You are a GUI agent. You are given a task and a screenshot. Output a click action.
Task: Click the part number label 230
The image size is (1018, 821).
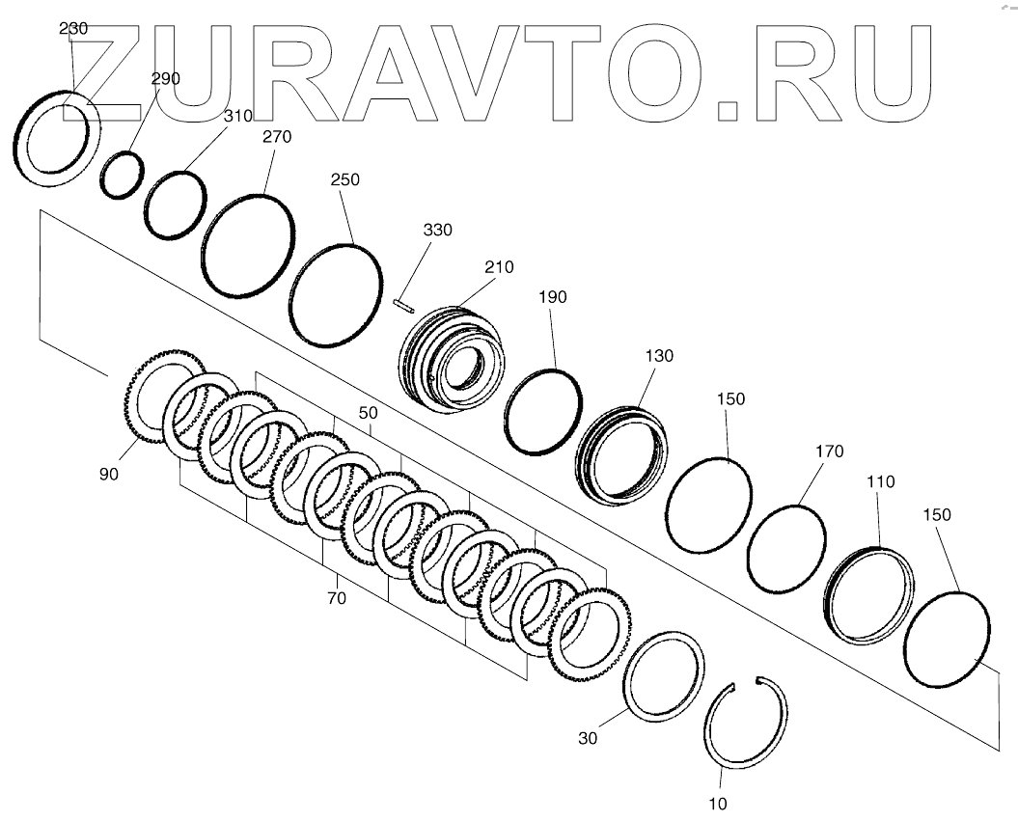(x=73, y=29)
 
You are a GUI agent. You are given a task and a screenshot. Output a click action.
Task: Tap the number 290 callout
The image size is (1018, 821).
(x=165, y=78)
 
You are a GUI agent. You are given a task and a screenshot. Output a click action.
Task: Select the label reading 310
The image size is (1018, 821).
(x=237, y=116)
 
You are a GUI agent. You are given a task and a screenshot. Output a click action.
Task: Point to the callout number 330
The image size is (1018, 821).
(x=436, y=231)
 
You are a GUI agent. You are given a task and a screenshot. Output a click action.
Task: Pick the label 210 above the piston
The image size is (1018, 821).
(x=499, y=267)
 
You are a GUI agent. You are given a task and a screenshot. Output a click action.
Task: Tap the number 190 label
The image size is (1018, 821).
(x=553, y=298)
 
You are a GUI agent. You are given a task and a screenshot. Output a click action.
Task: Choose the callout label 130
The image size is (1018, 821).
(x=659, y=356)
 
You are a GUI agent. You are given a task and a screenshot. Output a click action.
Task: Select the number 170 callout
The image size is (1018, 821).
(x=828, y=451)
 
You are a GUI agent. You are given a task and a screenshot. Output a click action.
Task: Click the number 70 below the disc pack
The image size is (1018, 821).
(x=335, y=598)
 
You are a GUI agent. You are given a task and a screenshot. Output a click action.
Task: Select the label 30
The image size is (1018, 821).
(x=589, y=738)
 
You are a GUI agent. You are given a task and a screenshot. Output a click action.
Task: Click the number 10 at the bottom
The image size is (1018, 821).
(x=718, y=803)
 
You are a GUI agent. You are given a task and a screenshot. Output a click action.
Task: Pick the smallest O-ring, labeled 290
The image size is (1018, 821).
(x=124, y=175)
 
